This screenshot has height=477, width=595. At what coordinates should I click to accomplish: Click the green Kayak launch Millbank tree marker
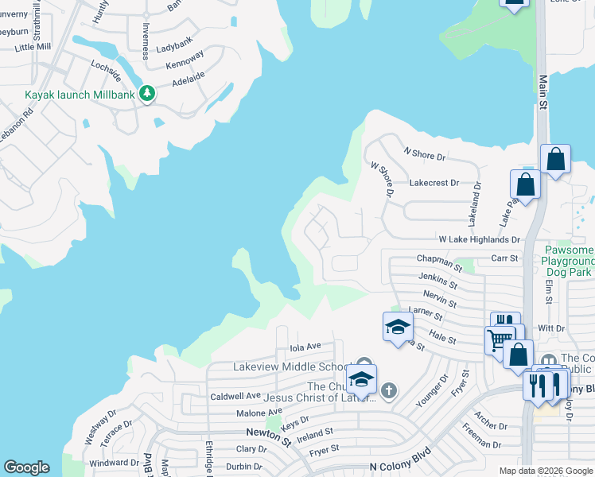[x=147, y=94]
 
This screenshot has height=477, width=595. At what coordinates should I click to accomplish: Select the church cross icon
[x=388, y=390]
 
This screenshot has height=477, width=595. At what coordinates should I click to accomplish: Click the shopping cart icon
[x=499, y=339]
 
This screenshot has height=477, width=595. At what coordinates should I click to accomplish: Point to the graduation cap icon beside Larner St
[x=398, y=326]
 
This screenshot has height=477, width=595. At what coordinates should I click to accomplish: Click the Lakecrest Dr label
[x=434, y=183]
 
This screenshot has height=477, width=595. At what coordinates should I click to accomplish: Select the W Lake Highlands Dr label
[x=479, y=239]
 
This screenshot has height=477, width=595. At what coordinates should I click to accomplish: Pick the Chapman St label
[x=439, y=260]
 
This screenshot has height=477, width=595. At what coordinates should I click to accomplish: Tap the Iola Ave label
[x=305, y=347]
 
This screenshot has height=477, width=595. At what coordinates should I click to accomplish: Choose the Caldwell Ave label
[x=235, y=396]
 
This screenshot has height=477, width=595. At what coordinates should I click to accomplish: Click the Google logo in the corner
[x=27, y=467]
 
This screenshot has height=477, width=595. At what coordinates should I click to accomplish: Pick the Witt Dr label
[x=551, y=327]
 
